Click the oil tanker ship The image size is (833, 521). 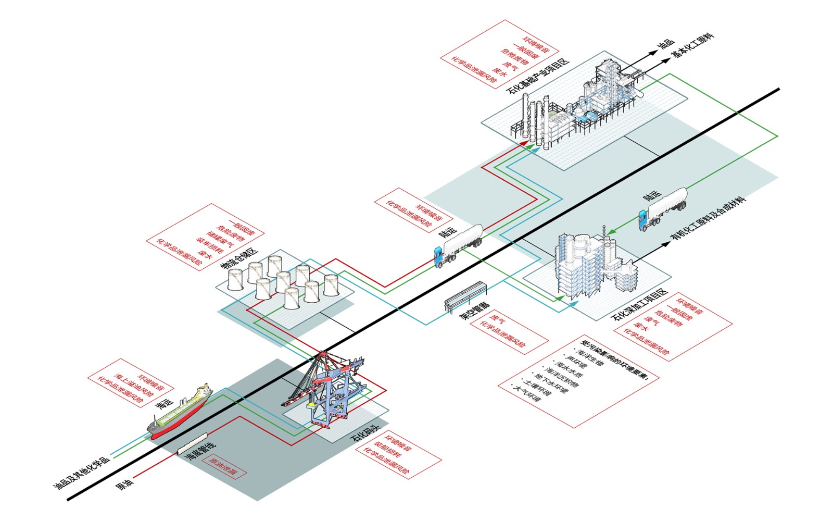tap(180, 412)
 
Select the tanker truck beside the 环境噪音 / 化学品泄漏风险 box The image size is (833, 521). tap(458, 245)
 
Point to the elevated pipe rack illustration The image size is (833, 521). tap(465, 296)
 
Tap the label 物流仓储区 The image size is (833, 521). tap(239, 258)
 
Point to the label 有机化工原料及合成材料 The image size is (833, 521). tap(708, 219)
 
